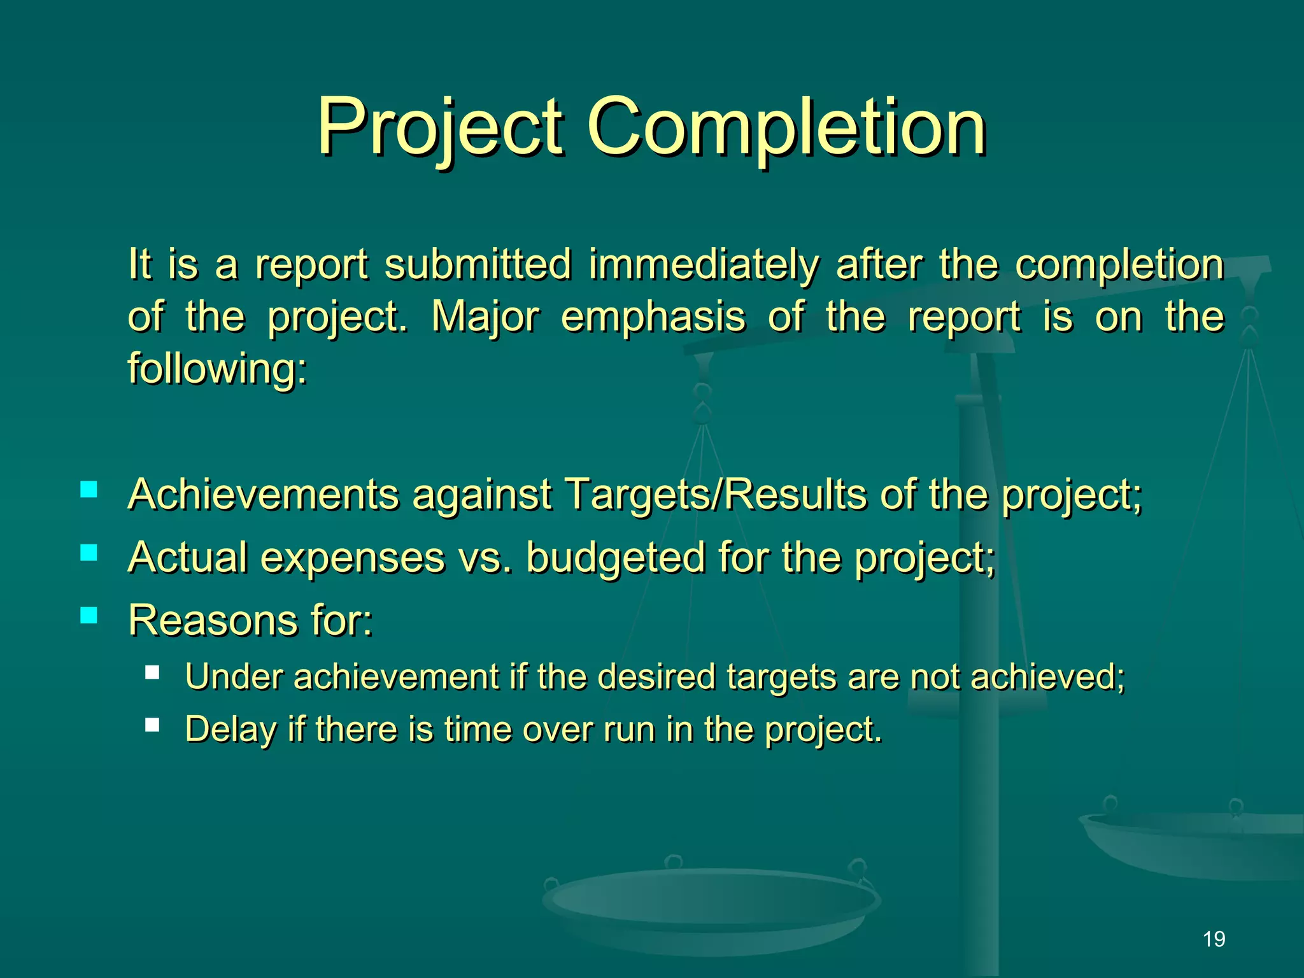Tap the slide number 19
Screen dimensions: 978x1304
point(1214,939)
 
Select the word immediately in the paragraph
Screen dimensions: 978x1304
point(704,265)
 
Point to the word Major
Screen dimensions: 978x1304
point(485,317)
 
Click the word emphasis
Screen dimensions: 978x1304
point(653,317)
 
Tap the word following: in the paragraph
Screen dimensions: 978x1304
point(217,369)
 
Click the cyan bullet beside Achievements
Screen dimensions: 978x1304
point(89,490)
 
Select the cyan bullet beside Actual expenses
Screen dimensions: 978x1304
point(89,552)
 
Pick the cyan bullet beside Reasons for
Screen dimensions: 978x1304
point(89,614)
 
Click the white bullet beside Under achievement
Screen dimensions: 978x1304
point(152,672)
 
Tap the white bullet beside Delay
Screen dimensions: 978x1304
point(152,725)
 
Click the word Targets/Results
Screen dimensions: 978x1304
point(716,494)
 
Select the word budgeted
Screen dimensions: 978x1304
point(616,558)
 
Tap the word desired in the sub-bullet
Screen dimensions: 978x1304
point(656,676)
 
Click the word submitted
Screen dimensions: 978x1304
point(478,265)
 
